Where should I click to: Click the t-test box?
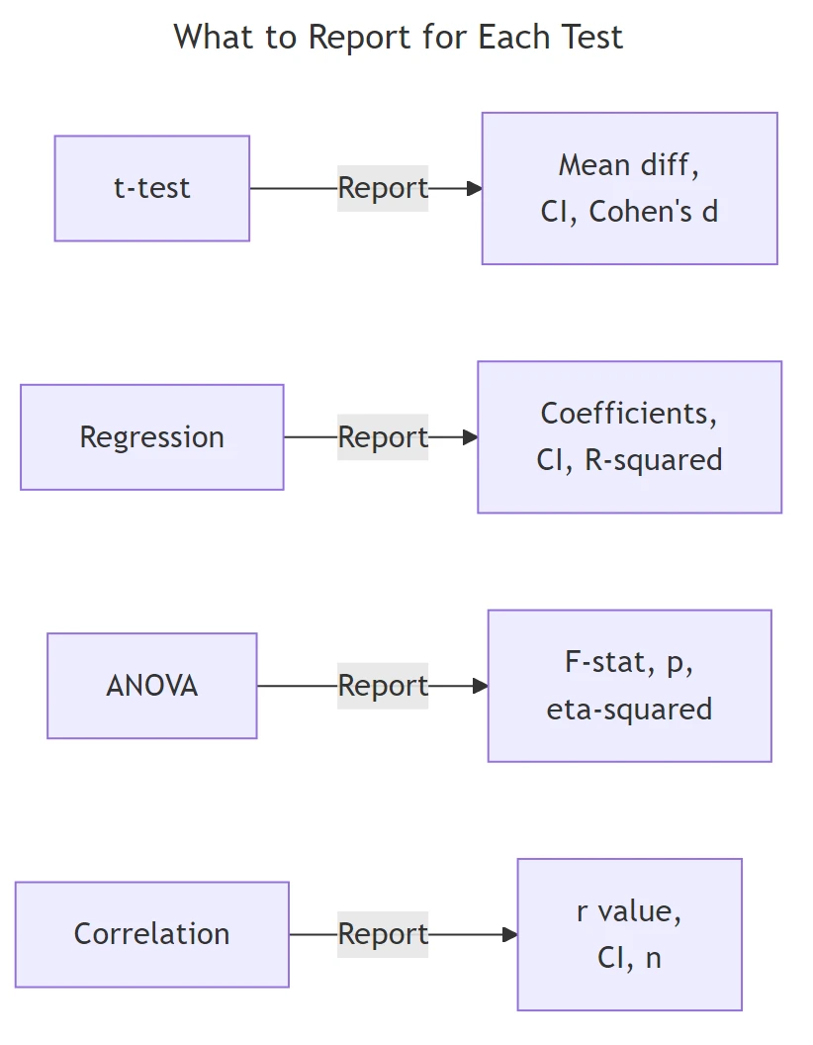coord(151,188)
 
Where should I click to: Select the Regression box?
coord(151,437)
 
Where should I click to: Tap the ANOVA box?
coord(151,686)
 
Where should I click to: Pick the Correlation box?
coord(151,934)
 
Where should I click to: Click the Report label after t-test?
coord(383,188)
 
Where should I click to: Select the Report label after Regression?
coord(383,437)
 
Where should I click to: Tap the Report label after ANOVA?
coord(383,686)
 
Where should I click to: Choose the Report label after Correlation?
coord(383,934)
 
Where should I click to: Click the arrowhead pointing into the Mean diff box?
coord(475,188)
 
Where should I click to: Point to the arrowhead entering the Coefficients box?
coord(470,437)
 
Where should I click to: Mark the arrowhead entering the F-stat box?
coord(481,686)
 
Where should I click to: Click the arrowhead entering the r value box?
coord(510,934)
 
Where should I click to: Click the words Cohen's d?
coord(654,212)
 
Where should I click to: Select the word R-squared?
coord(654,460)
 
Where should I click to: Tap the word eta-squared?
coord(629,710)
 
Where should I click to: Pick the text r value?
coord(629,910)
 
